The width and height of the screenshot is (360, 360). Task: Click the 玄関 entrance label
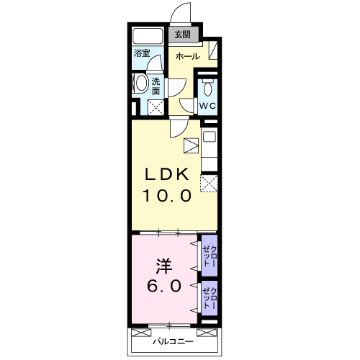[182, 35]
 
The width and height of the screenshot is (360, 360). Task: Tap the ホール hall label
[188, 57]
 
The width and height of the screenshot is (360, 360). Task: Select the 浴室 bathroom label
[142, 53]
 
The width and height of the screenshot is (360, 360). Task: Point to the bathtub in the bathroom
[148, 36]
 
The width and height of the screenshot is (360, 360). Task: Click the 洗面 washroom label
[156, 86]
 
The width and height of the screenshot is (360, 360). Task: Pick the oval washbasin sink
[142, 83]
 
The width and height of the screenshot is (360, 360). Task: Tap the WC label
[207, 106]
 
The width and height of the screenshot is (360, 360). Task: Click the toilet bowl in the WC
[207, 88]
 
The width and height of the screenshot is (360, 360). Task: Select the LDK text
[166, 174]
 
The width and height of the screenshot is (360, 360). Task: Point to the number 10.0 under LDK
[167, 196]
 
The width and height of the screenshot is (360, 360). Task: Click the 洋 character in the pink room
[164, 266]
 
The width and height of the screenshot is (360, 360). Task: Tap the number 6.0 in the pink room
[164, 286]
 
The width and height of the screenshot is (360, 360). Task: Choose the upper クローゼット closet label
[210, 256]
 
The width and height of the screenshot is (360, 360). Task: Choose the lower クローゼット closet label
[210, 298]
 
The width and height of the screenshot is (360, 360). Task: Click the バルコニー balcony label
[173, 341]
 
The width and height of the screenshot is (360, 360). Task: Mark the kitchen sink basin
[210, 137]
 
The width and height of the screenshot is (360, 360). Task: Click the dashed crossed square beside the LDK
[209, 184]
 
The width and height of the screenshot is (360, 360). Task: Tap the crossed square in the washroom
[156, 107]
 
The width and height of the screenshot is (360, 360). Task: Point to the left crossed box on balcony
[142, 333]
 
